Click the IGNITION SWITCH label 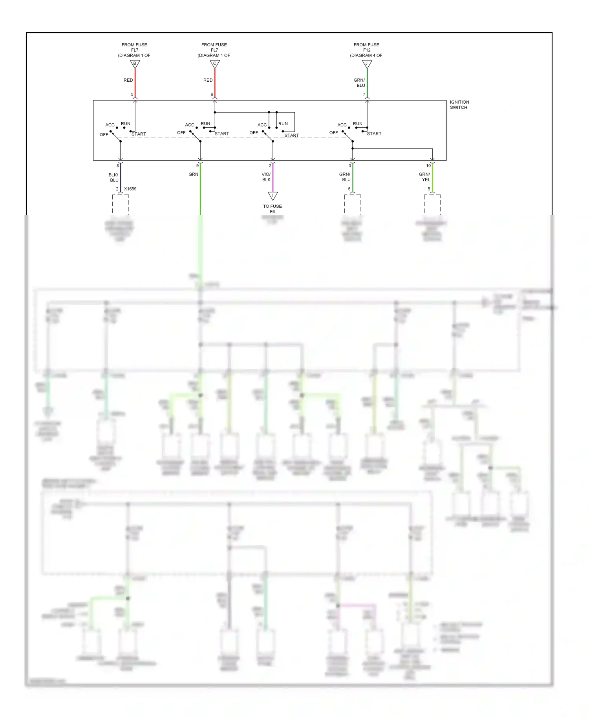pos(459,104)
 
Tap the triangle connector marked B pos(135,64)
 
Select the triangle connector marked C pos(214,64)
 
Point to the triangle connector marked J pos(367,64)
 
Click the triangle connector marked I pos(273,196)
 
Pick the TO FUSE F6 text pos(272,209)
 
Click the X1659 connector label pos(130,189)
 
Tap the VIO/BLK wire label pos(266,177)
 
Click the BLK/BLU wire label pos(113,178)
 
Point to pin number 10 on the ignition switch pos(428,166)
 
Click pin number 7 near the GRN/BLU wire pos(364,95)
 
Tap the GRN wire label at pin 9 pos(193,174)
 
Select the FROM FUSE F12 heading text pos(366,50)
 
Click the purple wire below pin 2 pos(273,179)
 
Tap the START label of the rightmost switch pos(374,134)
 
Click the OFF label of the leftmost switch pos(104,135)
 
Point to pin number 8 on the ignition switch pos(117,166)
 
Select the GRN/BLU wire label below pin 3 pos(345,177)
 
